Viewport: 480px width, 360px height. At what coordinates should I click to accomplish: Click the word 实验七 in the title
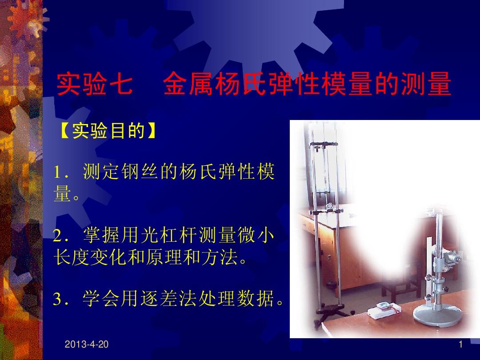(x=95, y=84)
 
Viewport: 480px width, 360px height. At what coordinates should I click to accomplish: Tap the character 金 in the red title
(x=175, y=84)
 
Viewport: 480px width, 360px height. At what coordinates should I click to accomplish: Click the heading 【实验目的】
(x=109, y=131)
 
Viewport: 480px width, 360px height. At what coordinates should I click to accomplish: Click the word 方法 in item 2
(x=218, y=257)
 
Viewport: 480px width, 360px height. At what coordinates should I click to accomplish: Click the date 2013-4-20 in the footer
(x=87, y=344)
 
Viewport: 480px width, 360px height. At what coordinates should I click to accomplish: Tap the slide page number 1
(x=461, y=344)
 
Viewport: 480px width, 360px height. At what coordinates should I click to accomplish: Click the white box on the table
(x=384, y=310)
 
